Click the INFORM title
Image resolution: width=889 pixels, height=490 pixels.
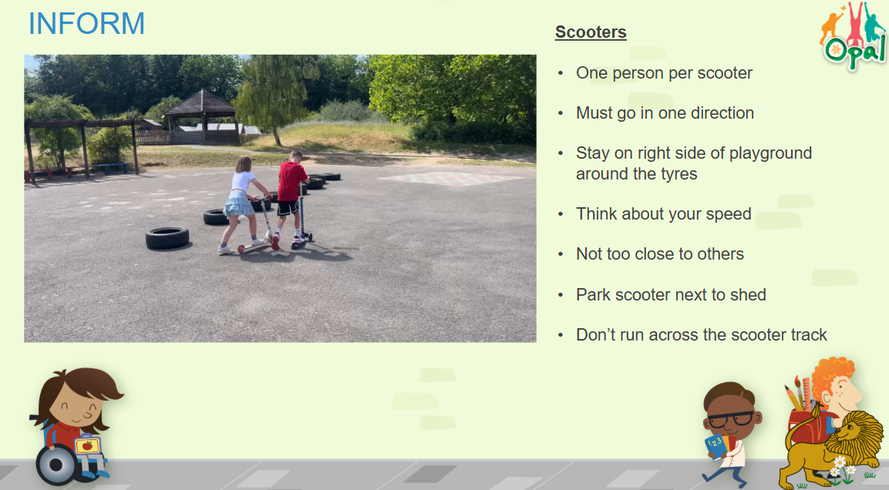tap(87, 23)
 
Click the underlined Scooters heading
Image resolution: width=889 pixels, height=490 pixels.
tap(591, 32)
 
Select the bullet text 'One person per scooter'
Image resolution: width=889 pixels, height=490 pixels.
tap(664, 73)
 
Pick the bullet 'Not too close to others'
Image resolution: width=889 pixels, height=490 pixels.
tap(660, 254)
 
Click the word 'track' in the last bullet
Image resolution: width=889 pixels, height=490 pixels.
tap(806, 335)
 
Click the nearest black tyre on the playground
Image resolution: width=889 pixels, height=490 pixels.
tap(167, 238)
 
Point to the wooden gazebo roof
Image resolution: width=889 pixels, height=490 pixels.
tap(199, 103)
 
